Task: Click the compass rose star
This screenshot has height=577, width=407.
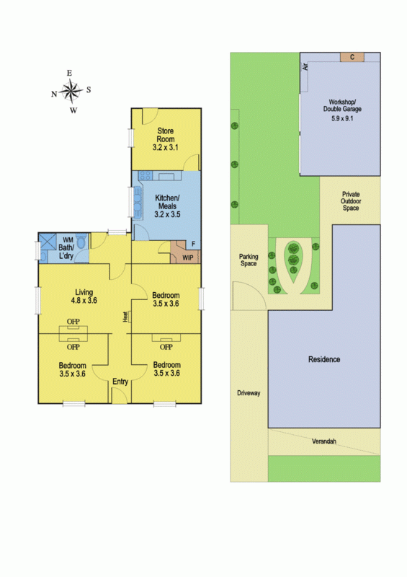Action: [x=71, y=92]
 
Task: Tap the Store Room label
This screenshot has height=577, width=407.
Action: [x=166, y=135]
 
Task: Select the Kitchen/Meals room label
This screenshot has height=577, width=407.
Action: [x=167, y=202]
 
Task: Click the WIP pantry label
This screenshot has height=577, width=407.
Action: [x=188, y=258]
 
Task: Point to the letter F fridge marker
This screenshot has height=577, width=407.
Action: [x=193, y=244]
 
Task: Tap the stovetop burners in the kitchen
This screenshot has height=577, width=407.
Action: [x=145, y=175]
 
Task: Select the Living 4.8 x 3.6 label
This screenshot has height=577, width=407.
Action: [x=84, y=296]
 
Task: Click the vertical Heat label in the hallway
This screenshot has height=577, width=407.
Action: [x=125, y=317]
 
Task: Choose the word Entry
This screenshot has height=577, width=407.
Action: [x=120, y=382]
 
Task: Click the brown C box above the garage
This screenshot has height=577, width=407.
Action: [x=352, y=57]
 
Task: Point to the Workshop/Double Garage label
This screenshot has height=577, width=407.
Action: [x=342, y=105]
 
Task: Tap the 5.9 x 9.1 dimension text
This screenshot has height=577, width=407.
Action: [x=342, y=118]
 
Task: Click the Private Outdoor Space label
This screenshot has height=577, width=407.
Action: [x=351, y=201]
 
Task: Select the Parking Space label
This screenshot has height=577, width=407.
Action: [x=249, y=260]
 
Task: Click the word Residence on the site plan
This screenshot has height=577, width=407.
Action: [x=324, y=359]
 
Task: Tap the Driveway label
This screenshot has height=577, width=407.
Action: [x=249, y=393]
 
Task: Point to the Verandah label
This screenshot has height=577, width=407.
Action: [x=324, y=441]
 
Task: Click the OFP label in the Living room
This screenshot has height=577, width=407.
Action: [x=73, y=322]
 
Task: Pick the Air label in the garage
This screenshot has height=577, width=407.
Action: [x=305, y=66]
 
